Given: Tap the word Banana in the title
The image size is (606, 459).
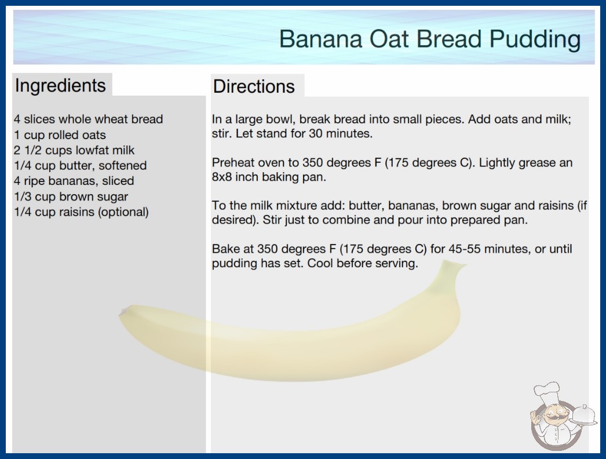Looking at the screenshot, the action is [x=321, y=39].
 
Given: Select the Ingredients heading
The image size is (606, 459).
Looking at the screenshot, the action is [x=60, y=86].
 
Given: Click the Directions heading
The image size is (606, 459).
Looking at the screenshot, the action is [x=254, y=86].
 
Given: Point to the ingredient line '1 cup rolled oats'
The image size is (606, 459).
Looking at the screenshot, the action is [x=60, y=135].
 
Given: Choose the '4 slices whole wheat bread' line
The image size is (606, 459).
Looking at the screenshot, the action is [x=89, y=119].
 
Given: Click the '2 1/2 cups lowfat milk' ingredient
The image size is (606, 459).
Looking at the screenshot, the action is [x=74, y=150].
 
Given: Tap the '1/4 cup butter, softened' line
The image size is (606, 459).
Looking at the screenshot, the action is [x=81, y=166].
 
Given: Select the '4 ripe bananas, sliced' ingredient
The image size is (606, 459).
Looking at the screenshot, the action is [x=74, y=181].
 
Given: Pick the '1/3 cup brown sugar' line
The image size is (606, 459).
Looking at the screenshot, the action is [x=71, y=196].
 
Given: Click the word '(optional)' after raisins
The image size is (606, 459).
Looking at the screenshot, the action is [x=123, y=212].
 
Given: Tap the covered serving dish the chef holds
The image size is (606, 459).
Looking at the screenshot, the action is [x=583, y=416].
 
